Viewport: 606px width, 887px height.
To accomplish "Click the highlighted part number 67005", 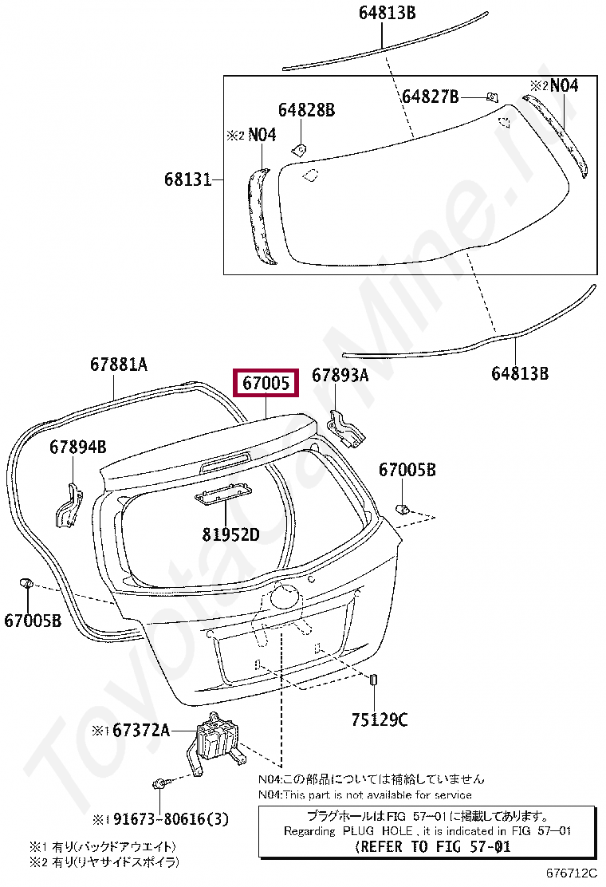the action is [x=266, y=383].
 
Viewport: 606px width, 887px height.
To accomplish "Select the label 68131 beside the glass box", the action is [x=187, y=180].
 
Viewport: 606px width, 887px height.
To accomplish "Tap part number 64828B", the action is [x=306, y=110].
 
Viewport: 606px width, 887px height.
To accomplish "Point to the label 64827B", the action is [x=431, y=97].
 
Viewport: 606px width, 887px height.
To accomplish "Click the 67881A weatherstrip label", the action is [x=119, y=365].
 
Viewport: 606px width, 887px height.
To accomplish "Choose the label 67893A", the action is [x=340, y=375].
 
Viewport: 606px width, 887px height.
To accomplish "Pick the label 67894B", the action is [x=78, y=447].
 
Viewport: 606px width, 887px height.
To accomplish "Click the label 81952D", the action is [x=230, y=534].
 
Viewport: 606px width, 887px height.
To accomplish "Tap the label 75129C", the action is [x=380, y=719].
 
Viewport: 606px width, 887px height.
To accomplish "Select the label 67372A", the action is [x=141, y=731].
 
